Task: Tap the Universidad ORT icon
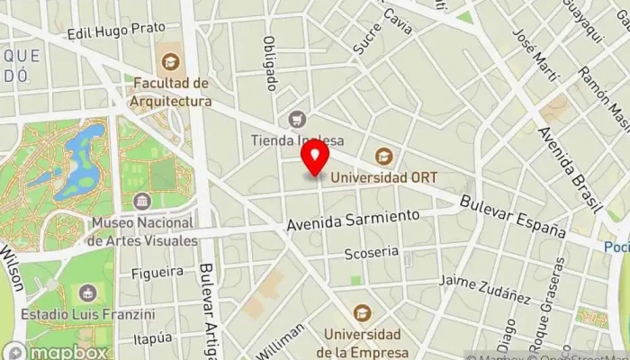tap(383, 157)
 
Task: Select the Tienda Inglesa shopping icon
tap(296, 119)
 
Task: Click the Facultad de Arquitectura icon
tap(170, 62)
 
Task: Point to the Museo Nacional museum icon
tap(141, 201)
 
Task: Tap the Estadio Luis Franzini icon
tap(88, 293)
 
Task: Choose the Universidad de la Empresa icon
tap(362, 312)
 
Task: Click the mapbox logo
tap(56, 351)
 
